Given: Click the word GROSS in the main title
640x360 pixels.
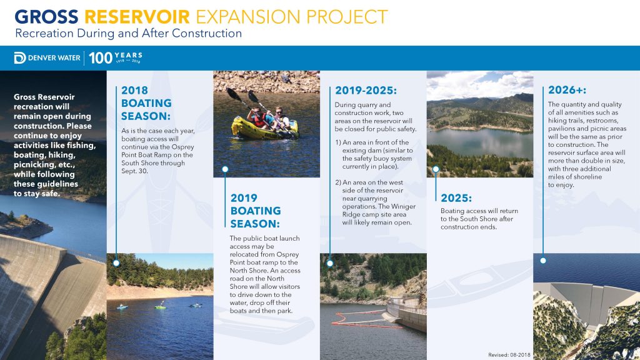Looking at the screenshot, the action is (46, 17).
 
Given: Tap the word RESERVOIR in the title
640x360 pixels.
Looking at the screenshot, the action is (137, 17).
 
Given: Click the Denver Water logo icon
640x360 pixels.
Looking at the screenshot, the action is (19, 58).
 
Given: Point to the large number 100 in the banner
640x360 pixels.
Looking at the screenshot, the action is (101, 58).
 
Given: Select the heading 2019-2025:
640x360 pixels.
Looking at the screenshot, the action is (366, 90).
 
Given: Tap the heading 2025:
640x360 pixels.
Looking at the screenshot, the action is (456, 198).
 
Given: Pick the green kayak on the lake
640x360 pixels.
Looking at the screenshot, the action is (161, 307).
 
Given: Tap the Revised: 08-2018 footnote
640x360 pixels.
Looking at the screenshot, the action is (509, 355).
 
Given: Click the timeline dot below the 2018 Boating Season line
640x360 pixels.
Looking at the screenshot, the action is (116, 263).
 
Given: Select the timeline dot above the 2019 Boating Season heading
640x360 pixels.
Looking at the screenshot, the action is (225, 169).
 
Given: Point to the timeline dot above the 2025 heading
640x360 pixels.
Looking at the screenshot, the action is (436, 169).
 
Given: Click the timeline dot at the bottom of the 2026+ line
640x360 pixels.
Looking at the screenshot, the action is (543, 261).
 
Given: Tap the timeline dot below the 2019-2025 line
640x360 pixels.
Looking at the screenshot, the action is (330, 263).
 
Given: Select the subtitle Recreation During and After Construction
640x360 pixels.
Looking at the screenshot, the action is (129, 33).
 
